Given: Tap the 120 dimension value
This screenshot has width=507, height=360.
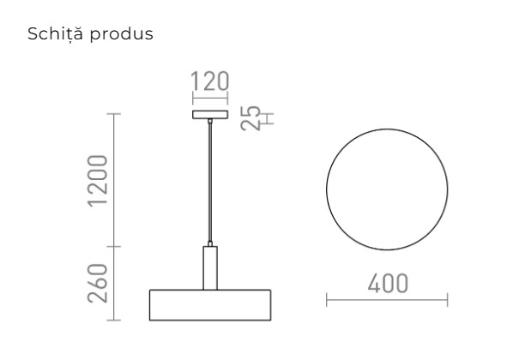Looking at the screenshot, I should click(210, 82).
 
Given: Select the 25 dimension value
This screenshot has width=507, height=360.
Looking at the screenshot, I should click(250, 114).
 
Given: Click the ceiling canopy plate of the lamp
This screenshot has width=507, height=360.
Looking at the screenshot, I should click(210, 114).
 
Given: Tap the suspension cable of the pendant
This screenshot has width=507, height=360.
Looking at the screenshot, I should click(210, 180).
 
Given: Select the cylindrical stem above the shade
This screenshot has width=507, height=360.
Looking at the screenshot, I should click(210, 267).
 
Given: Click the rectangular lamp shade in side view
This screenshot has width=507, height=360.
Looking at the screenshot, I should click(210, 304).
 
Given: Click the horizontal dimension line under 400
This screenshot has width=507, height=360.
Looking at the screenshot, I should click(387, 300).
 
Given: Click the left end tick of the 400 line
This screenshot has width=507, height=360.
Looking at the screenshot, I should click(327, 300).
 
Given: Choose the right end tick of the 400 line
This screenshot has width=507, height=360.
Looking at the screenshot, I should click(447, 300).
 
